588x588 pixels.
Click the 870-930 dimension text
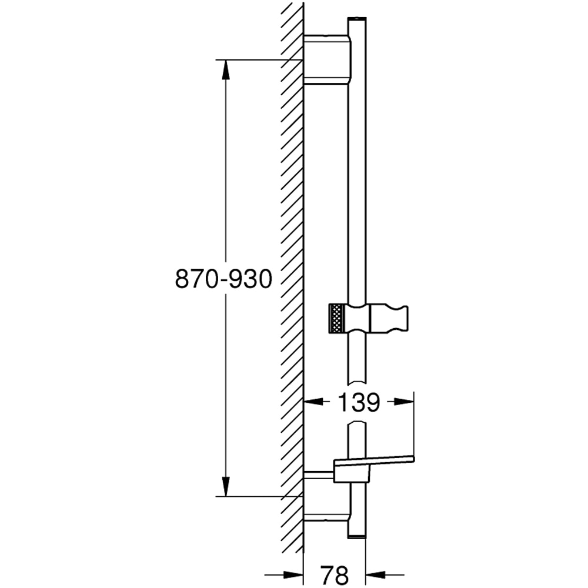(x=224, y=278)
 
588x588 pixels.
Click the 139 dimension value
(x=358, y=402)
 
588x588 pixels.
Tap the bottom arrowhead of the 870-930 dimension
(x=226, y=487)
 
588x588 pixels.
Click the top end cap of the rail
(x=357, y=22)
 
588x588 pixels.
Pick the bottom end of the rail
(x=357, y=532)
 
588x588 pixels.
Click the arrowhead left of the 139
(x=312, y=402)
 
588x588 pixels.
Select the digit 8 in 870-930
(x=183, y=278)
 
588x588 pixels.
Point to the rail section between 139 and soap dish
(x=357, y=438)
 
